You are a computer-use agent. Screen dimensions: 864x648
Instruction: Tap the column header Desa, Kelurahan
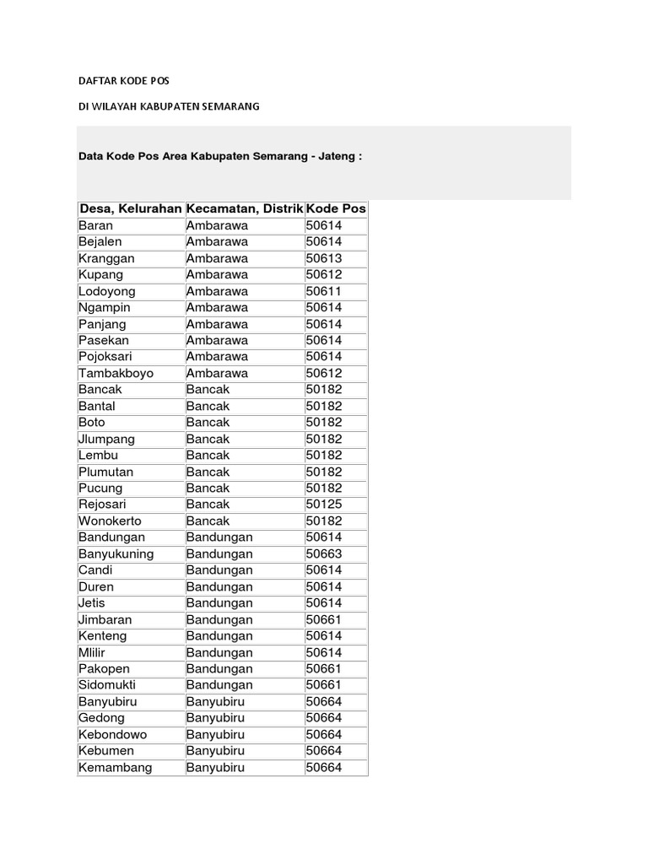pyautogui.click(x=130, y=208)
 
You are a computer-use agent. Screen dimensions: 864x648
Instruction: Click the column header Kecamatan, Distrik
pyautogui.click(x=244, y=208)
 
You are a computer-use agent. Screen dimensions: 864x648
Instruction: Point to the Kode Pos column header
pyautogui.click(x=336, y=208)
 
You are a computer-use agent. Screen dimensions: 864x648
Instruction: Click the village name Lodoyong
pyautogui.click(x=106, y=291)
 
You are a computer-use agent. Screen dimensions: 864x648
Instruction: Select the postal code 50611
pyautogui.click(x=323, y=291)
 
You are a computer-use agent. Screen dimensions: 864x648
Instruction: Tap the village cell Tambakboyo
pyautogui.click(x=116, y=373)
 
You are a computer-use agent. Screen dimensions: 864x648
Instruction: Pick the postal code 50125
pyautogui.click(x=323, y=505)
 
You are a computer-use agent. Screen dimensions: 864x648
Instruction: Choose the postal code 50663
pyautogui.click(x=323, y=553)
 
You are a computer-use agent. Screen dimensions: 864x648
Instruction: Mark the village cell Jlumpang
pyautogui.click(x=106, y=439)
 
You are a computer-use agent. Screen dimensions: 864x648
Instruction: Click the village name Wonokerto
pyautogui.click(x=111, y=521)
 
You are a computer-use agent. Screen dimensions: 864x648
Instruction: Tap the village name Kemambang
pyautogui.click(x=115, y=767)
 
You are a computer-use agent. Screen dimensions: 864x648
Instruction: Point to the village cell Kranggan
pyautogui.click(x=106, y=258)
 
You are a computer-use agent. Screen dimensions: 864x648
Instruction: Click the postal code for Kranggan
pyautogui.click(x=323, y=258)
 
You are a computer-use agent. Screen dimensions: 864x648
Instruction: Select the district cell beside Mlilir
pyautogui.click(x=219, y=652)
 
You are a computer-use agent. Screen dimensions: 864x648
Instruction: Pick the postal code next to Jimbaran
pyautogui.click(x=323, y=619)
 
